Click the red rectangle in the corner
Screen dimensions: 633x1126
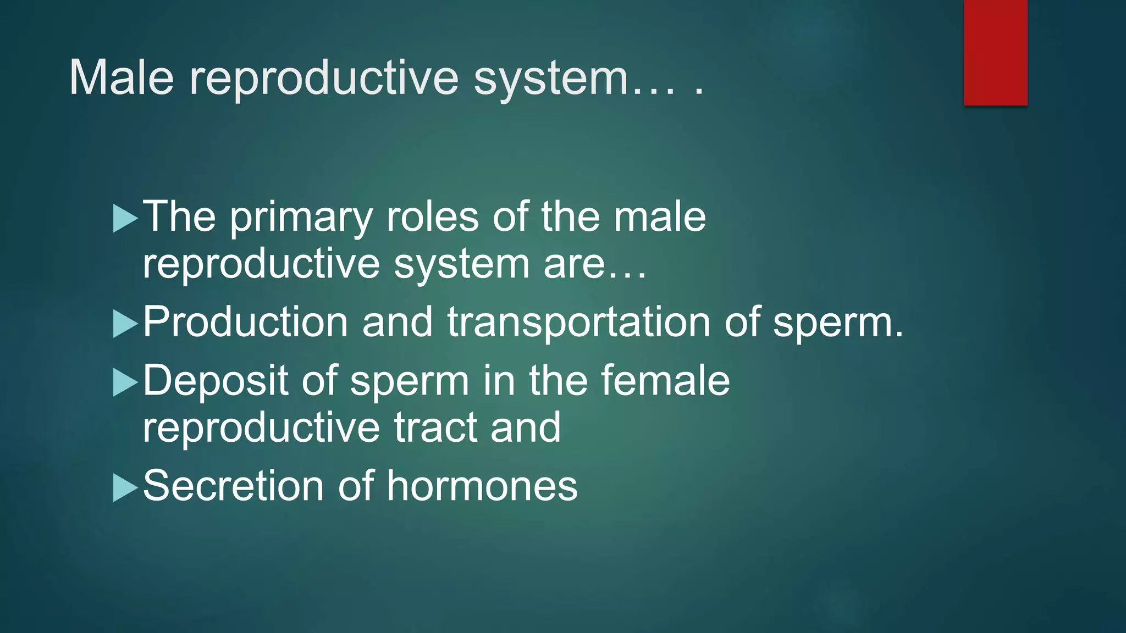click(995, 52)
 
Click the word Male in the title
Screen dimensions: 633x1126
click(122, 77)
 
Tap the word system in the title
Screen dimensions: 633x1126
click(550, 80)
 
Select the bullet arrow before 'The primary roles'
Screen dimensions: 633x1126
click(125, 218)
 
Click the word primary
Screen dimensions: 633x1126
click(301, 218)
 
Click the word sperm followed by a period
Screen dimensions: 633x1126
click(838, 324)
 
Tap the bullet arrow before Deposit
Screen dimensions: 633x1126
click(125, 382)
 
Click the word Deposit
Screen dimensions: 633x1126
click(216, 382)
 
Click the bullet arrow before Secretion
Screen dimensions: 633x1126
click(125, 487)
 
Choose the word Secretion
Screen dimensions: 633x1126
click(233, 486)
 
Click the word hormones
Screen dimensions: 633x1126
click(482, 486)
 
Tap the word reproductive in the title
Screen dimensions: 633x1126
click(324, 80)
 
